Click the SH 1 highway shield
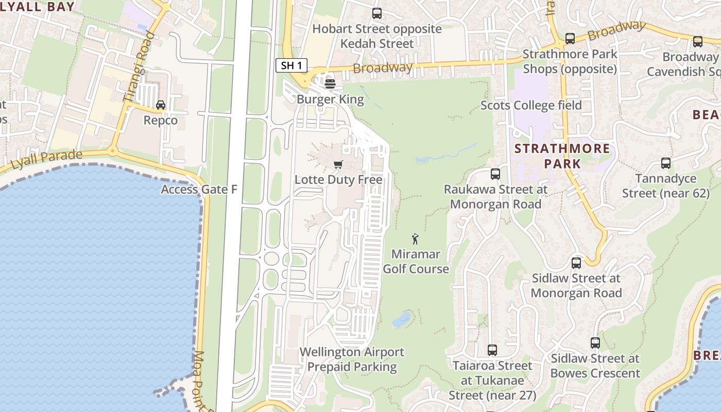coord(291,65)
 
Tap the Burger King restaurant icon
coord(330,83)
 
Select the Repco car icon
coord(161,105)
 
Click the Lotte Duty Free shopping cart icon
coord(338,164)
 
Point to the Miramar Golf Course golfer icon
coord(416,239)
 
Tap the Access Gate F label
coord(199,190)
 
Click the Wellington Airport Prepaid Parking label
coord(352,359)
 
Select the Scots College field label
coord(531,106)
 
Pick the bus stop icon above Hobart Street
coord(377,13)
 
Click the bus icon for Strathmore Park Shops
coord(570,38)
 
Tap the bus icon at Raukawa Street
coord(495,174)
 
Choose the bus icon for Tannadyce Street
coord(665,163)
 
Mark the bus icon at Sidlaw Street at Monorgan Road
coord(576,263)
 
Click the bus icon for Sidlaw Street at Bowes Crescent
coord(595,342)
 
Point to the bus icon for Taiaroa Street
coord(492,350)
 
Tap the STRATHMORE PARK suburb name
coord(562,157)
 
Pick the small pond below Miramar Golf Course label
coord(402,319)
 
